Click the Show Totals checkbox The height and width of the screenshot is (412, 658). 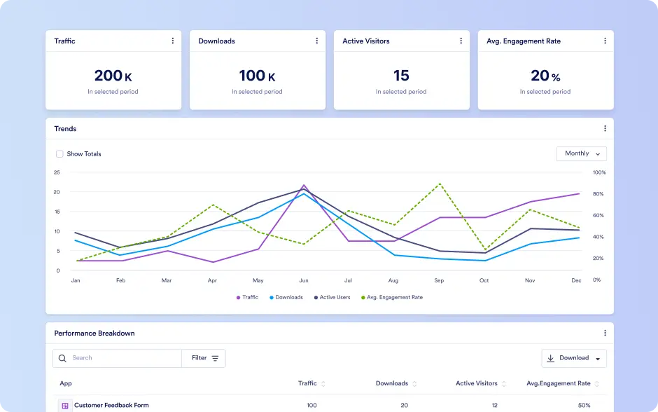click(x=59, y=153)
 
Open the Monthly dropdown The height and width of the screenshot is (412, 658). click(x=581, y=153)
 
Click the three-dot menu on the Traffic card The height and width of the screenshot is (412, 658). click(x=172, y=41)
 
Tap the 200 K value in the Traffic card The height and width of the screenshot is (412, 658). click(x=113, y=76)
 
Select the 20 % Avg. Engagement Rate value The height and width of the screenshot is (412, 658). click(x=545, y=76)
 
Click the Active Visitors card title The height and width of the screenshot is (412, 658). click(x=366, y=41)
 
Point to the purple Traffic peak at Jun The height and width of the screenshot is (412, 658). click(x=304, y=185)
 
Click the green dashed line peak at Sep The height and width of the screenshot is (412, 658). click(x=440, y=184)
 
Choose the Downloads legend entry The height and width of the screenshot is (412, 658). click(x=286, y=297)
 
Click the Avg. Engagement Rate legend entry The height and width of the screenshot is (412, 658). click(x=392, y=297)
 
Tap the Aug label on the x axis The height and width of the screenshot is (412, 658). click(x=393, y=280)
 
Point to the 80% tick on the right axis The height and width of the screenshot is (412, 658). click(x=598, y=194)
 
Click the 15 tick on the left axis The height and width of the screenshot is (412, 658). click(x=57, y=212)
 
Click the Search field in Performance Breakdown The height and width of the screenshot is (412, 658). click(x=117, y=358)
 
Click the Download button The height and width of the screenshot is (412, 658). click(x=574, y=358)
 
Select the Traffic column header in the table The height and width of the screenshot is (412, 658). click(x=307, y=383)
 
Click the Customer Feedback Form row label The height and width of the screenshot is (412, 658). click(x=111, y=405)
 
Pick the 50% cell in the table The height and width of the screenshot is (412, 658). click(x=584, y=405)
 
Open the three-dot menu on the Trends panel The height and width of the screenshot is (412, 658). click(x=605, y=128)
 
